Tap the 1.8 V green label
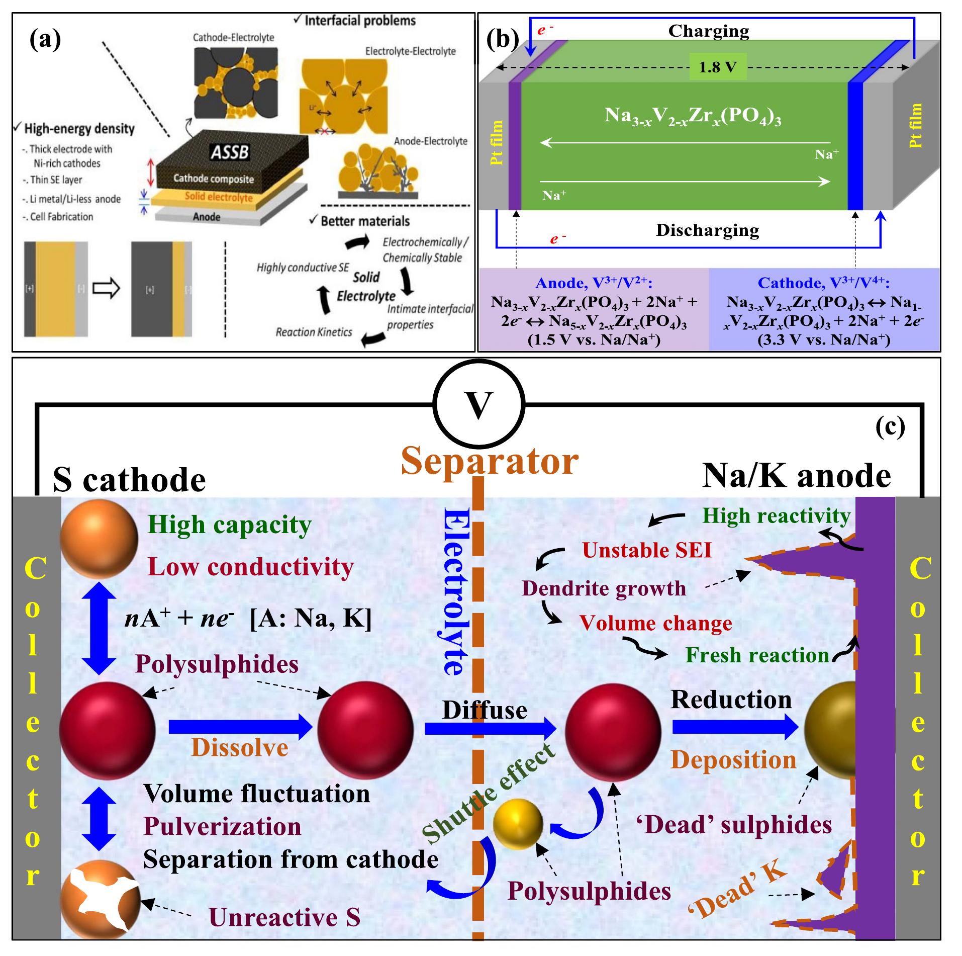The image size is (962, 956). coord(718,67)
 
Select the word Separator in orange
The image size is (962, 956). coord(490,461)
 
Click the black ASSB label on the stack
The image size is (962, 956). coord(230,152)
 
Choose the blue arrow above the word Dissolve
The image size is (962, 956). coord(240,727)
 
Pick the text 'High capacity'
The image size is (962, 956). coord(229,525)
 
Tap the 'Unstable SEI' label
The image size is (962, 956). coord(647,550)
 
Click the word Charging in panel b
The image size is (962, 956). coord(708,31)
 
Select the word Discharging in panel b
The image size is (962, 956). coord(707,230)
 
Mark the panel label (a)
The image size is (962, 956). coord(45,39)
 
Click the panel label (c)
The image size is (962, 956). coord(890,427)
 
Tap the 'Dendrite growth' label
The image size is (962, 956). coord(604,588)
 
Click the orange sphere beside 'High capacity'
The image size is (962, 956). coord(99,538)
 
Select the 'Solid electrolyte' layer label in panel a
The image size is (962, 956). coord(218,196)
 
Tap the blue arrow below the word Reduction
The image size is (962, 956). coord(735,726)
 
